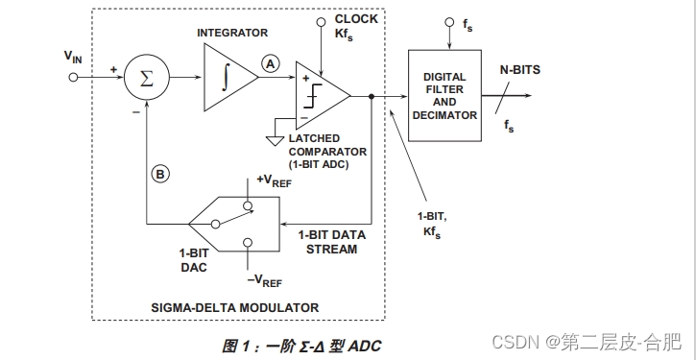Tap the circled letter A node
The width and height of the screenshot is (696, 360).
point(270,63)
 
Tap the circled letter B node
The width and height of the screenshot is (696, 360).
point(160,174)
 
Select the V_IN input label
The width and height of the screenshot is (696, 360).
point(73,57)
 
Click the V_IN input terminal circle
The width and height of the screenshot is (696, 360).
point(73,79)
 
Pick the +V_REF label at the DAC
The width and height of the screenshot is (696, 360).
point(275,180)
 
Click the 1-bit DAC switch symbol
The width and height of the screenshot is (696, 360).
point(234,222)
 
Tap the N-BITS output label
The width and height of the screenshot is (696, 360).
point(522,69)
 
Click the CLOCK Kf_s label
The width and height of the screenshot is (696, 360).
point(355,26)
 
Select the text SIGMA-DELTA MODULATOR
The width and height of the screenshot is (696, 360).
point(234,307)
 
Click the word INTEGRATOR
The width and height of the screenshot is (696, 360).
point(232,33)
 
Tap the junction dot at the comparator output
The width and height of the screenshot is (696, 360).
point(372,96)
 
